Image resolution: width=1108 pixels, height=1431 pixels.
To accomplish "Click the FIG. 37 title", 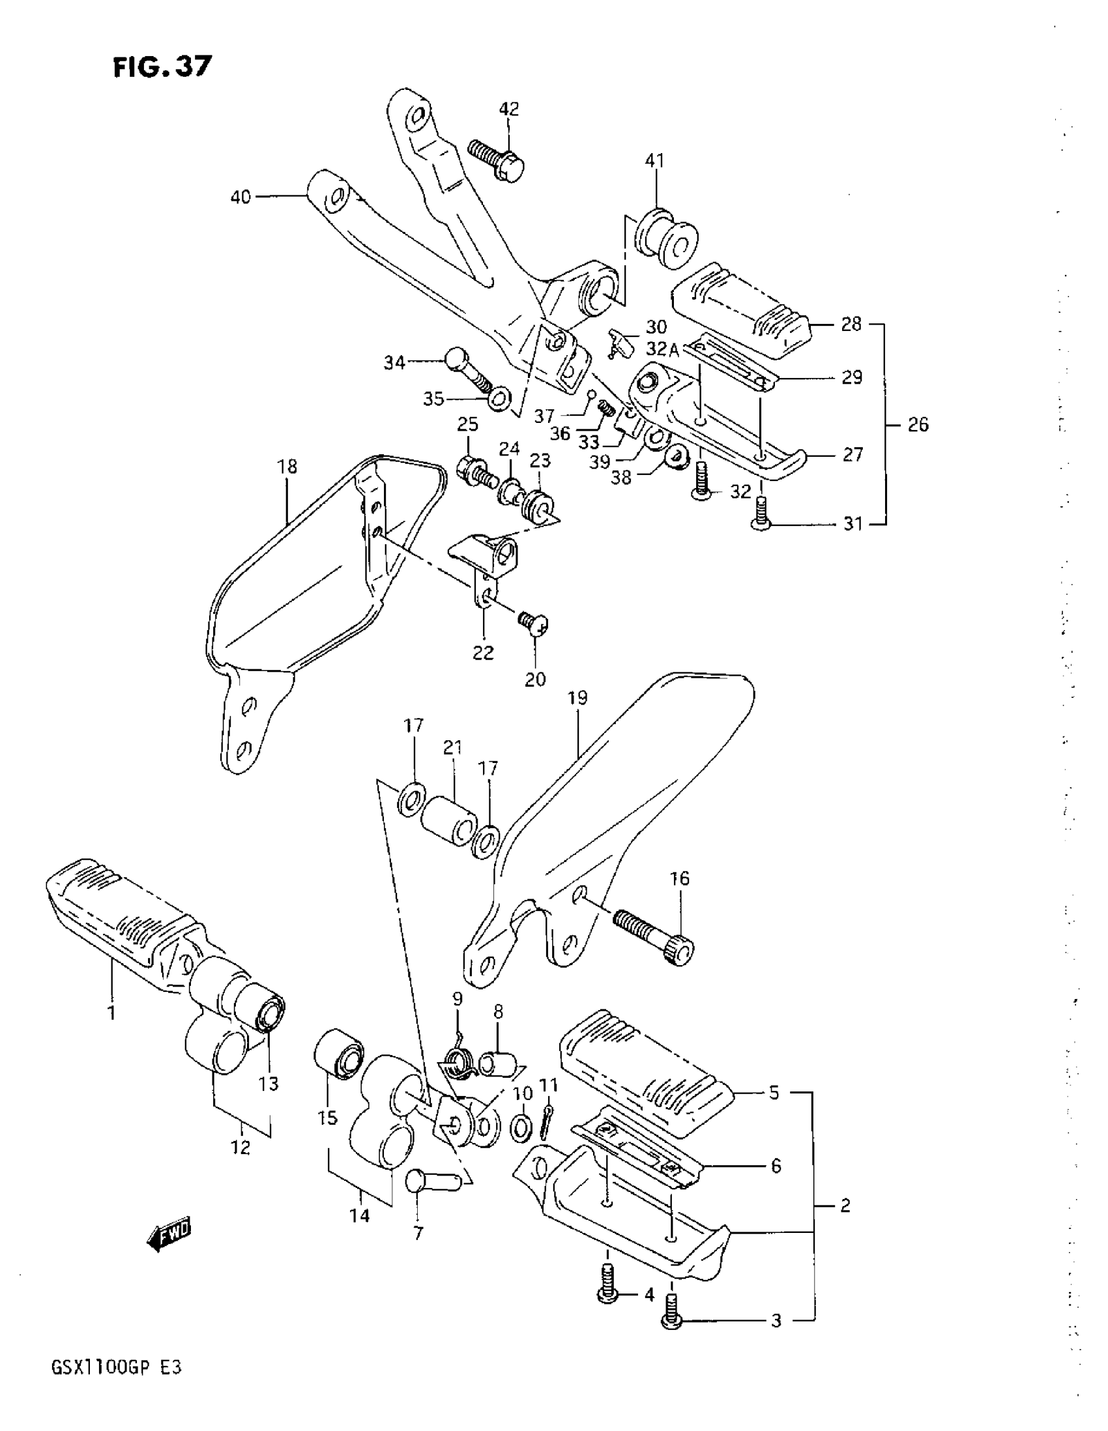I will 162,66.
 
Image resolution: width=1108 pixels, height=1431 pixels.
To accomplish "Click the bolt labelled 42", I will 497,158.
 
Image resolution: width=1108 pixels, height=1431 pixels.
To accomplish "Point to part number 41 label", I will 654,160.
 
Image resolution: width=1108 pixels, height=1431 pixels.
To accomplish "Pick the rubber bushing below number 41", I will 663,238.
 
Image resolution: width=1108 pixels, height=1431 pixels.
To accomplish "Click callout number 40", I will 241,197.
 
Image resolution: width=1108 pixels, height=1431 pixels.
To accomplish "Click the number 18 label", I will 287,467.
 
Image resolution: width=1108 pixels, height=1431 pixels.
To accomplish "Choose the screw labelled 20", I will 532,623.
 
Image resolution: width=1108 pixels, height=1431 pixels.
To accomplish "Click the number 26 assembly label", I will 918,425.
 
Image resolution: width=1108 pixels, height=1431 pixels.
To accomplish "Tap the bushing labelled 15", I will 338,1058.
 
